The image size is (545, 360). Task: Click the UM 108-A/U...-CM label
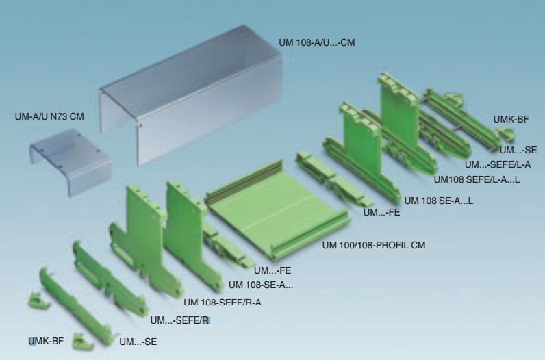[x=316, y=42]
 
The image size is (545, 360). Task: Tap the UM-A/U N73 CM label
[x=49, y=116]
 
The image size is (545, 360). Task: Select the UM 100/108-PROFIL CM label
[x=374, y=245]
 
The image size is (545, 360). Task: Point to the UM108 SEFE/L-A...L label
[x=477, y=179]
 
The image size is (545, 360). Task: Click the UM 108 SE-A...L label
[x=439, y=201]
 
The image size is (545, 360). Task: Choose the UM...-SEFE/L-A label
[x=498, y=164]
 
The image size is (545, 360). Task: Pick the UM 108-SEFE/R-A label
[x=223, y=303]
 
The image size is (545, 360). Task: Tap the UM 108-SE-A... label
[x=261, y=285]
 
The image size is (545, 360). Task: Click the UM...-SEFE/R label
[x=180, y=320]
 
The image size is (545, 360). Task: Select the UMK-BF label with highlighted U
[x=46, y=342]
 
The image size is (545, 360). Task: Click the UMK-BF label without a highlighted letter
[x=511, y=120]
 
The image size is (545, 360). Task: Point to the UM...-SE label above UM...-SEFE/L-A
[x=518, y=150]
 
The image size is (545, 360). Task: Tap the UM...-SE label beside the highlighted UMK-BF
[x=138, y=342]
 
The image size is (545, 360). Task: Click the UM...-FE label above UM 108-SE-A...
[x=272, y=270]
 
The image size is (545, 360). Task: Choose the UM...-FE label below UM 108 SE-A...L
[x=381, y=212]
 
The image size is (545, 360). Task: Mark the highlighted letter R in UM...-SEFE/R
[x=206, y=320]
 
